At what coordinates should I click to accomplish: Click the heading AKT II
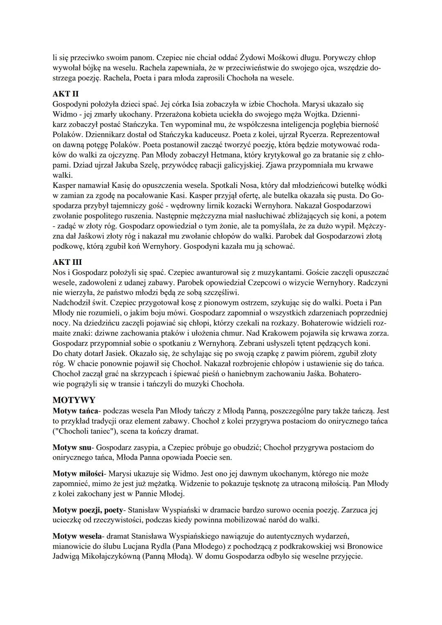coord(65,94)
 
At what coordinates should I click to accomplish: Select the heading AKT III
coord(68,262)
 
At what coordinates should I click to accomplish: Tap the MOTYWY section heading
coord(74,400)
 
